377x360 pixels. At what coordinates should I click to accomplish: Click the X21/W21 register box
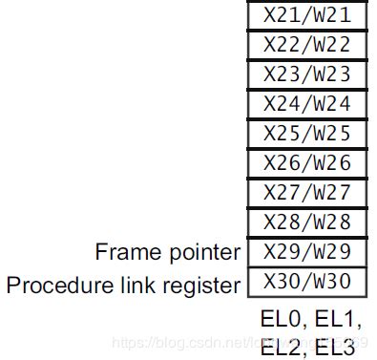[305, 14]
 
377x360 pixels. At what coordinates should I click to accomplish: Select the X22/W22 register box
[305, 44]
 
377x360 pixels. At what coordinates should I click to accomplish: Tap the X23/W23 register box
[305, 74]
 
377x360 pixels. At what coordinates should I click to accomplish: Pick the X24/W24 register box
[305, 103]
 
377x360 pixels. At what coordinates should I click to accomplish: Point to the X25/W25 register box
[305, 133]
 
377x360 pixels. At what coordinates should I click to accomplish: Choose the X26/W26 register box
[305, 162]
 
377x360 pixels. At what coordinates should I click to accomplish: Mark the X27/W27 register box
[305, 193]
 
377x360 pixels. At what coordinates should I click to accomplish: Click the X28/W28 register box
[305, 222]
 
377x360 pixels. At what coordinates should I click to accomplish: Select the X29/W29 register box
[305, 252]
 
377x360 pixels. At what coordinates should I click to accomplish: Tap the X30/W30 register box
[305, 283]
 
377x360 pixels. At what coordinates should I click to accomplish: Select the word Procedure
[55, 285]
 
